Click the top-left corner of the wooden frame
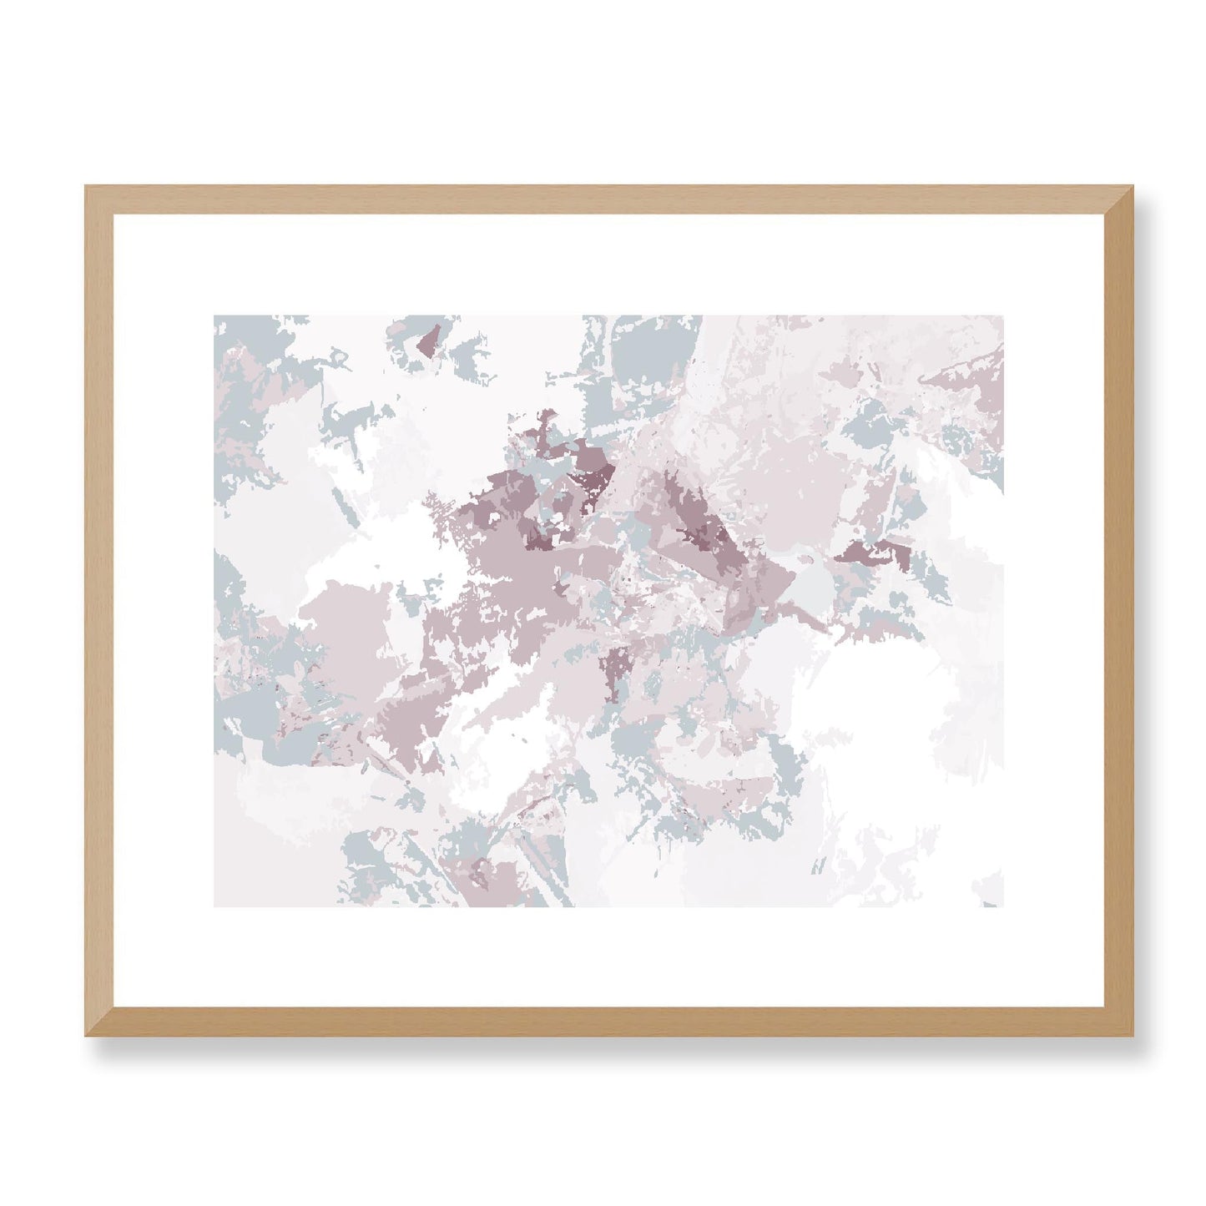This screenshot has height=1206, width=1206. pyautogui.click(x=87, y=187)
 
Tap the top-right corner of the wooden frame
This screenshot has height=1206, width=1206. pyautogui.click(x=1118, y=187)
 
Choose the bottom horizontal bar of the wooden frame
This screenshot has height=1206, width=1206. pyautogui.click(x=601, y=1022)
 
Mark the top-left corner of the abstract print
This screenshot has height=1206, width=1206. pyautogui.click(x=215, y=316)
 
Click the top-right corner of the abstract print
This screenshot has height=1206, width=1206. pyautogui.click(x=1002, y=316)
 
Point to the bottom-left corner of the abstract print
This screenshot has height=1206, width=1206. pyautogui.click(x=215, y=906)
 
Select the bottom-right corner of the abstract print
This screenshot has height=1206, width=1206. pyautogui.click(x=1002, y=906)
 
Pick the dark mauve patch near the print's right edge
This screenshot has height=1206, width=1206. pyautogui.click(x=868, y=551)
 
